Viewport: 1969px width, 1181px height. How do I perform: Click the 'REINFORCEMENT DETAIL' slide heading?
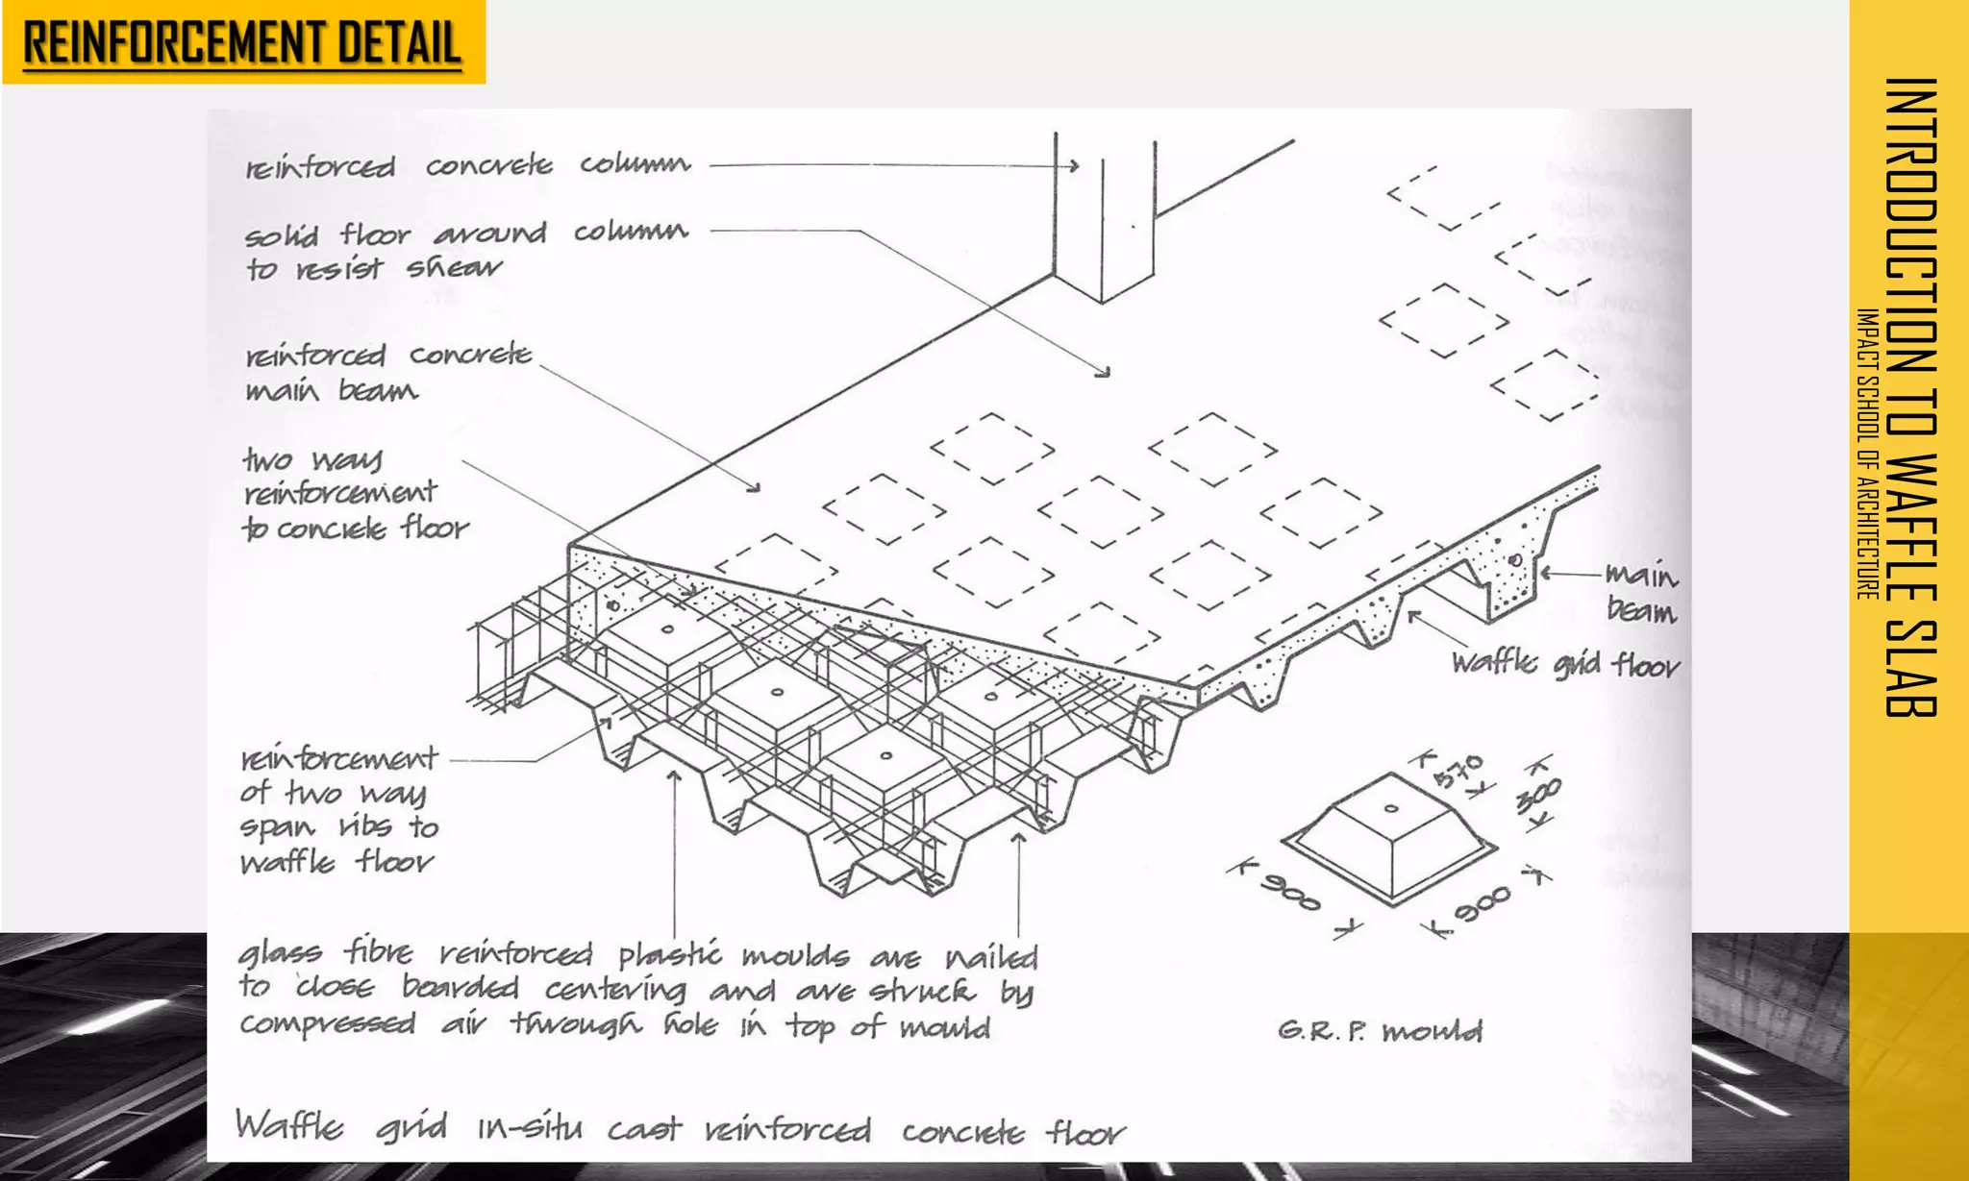pos(242,43)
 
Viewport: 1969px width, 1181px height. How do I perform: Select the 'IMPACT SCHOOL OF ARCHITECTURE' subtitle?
pos(1867,454)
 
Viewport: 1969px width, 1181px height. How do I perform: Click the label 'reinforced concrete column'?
pos(467,166)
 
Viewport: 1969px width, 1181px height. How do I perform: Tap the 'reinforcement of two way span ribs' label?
pos(338,810)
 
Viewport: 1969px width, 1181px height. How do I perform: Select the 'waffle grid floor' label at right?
pos(1565,663)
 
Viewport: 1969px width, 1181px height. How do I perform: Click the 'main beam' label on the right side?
pos(1640,593)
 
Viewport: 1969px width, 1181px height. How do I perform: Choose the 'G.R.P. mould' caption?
pos(1380,1032)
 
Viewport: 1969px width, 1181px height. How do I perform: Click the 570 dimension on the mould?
pos(1458,772)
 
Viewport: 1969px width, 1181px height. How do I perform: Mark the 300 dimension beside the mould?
pos(1538,796)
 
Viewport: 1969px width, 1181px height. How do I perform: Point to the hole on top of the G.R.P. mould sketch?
pos(1391,808)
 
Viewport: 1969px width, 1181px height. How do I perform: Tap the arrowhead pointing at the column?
pos(1074,166)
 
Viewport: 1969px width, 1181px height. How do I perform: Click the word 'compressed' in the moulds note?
pos(328,1024)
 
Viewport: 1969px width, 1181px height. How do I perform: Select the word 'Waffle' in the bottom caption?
pos(288,1125)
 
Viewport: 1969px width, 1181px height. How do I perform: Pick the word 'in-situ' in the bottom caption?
pos(530,1127)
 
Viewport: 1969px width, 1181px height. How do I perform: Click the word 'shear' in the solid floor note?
pos(453,268)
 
